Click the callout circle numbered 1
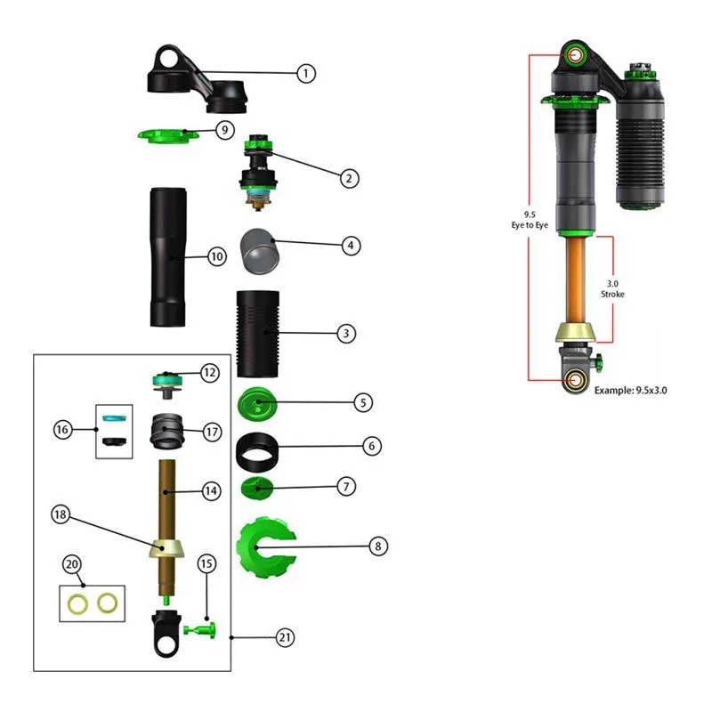point(305,73)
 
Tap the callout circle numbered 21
point(285,637)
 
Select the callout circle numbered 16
point(61,430)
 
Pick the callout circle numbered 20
point(72,565)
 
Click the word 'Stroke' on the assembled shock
point(612,294)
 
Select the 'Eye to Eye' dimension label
point(529,226)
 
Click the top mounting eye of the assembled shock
point(575,56)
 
